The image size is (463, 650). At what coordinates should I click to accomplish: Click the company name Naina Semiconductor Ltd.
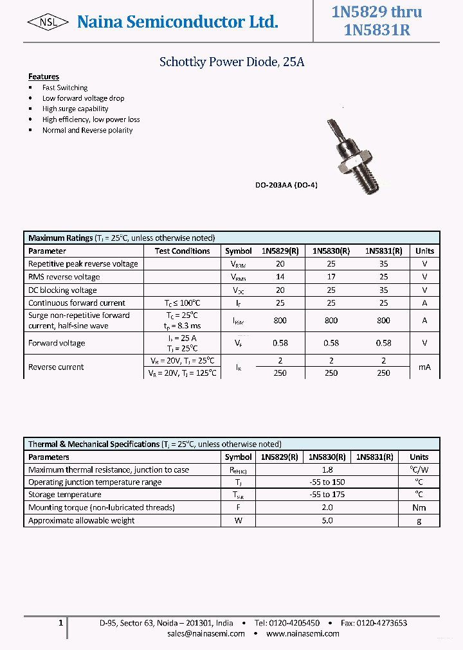click(177, 22)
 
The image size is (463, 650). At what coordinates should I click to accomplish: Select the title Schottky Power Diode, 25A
click(232, 62)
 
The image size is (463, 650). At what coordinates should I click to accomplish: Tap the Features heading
click(44, 76)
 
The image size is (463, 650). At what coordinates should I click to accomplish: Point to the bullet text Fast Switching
click(65, 87)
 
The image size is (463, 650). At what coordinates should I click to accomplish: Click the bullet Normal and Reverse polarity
click(87, 130)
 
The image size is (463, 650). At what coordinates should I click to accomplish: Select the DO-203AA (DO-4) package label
click(286, 185)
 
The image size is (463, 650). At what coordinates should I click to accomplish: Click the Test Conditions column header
click(182, 251)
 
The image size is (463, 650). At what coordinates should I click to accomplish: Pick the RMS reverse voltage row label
click(64, 277)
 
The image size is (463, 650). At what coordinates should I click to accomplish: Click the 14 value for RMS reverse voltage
click(280, 277)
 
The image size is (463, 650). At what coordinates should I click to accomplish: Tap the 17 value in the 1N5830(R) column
click(331, 277)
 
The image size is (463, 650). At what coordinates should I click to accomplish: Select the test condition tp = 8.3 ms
click(182, 326)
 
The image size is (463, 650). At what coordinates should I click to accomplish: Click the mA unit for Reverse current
click(424, 367)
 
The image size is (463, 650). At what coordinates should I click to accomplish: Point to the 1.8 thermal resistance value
click(327, 470)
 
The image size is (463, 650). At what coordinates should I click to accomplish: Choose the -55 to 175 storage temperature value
click(327, 495)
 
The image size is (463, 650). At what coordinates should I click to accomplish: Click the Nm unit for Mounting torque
click(419, 507)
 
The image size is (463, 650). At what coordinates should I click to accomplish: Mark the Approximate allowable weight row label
click(82, 520)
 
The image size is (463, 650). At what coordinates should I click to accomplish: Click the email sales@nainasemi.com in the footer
click(206, 633)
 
